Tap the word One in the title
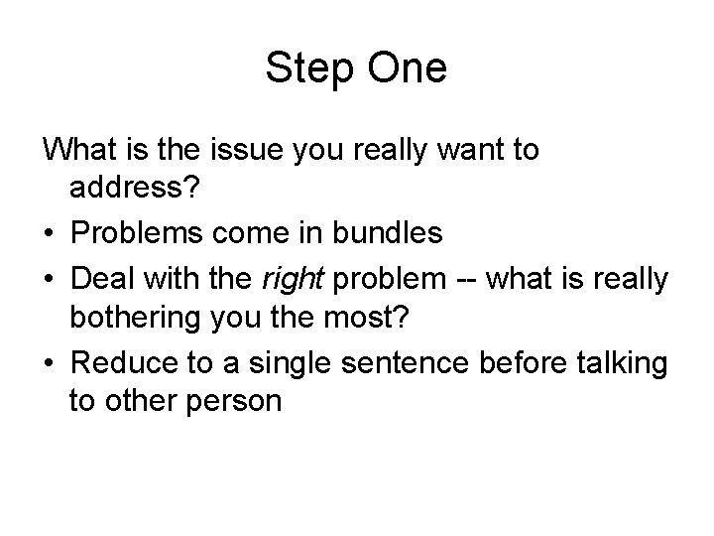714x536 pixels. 409,67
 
